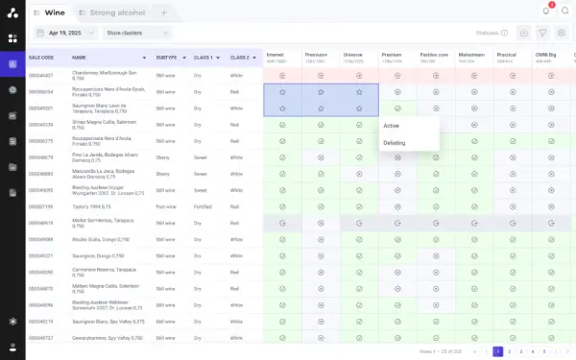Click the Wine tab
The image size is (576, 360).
tap(56, 12)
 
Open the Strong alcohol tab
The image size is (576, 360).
tap(116, 12)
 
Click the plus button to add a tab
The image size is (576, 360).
tap(163, 12)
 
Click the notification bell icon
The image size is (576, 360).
tap(546, 11)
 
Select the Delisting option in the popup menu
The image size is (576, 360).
tap(395, 142)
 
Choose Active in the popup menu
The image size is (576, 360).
tap(392, 126)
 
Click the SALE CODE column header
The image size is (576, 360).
tap(43, 58)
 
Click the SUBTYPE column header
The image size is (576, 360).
tap(168, 58)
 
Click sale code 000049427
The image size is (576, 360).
tap(40, 74)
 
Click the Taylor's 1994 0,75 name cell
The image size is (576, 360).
tap(94, 206)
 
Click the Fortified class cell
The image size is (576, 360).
tap(203, 206)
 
